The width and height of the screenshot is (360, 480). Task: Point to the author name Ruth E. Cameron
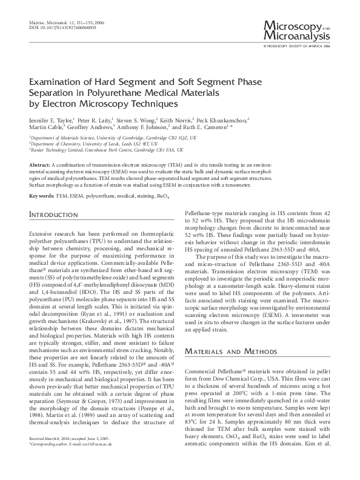pos(203,128)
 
